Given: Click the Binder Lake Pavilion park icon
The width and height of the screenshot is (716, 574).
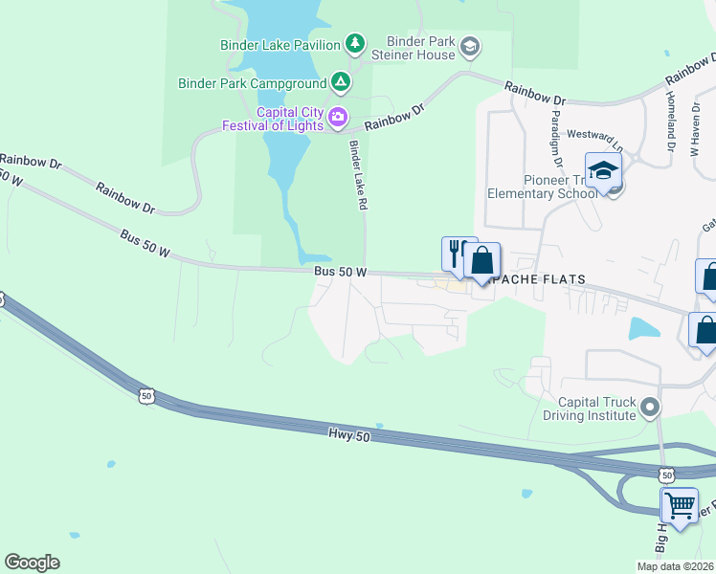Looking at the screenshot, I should pos(355,43).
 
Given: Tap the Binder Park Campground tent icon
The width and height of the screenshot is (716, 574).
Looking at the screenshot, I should pos(340,82).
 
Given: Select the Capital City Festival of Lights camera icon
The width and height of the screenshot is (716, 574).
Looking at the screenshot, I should pos(337,118).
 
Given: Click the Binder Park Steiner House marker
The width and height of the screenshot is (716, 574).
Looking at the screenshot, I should pos(469,46).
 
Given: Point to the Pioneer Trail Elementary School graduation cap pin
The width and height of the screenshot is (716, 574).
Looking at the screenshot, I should pos(604,170).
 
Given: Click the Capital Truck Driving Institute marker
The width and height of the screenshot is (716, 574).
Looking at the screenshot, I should pos(650,408).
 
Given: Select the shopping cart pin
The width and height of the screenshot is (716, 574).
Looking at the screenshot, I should pos(680,503).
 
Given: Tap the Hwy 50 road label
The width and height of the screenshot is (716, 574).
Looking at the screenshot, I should pos(348,435).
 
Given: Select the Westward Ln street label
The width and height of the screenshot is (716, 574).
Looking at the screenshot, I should pos(595,140).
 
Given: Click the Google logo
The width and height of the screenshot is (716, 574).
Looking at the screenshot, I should pos(32,563).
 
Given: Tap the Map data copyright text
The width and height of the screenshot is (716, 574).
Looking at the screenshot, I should pos(675,566).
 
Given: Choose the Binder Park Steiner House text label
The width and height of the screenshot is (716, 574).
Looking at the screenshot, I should pos(420,48).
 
